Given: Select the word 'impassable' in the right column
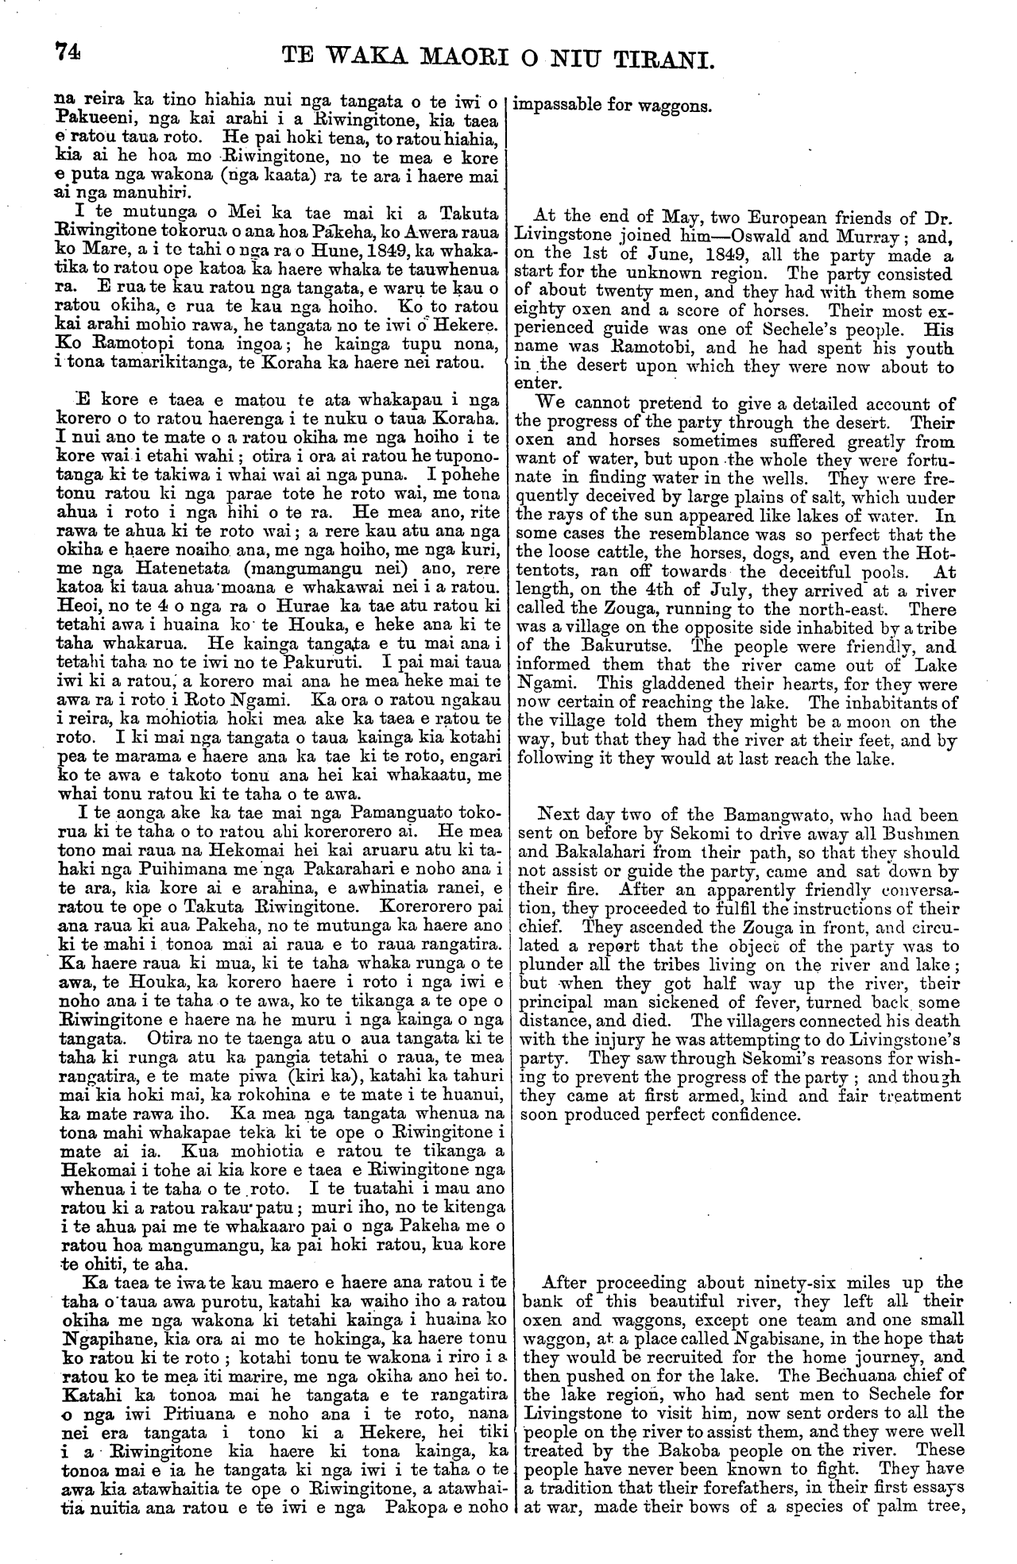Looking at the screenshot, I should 553,104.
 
